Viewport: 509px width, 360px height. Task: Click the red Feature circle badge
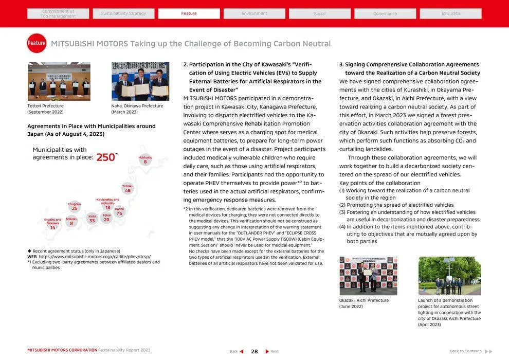pyautogui.click(x=37, y=44)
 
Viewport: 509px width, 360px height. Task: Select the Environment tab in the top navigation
pyautogui.click(x=254, y=13)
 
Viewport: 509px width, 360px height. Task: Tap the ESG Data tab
pyautogui.click(x=450, y=13)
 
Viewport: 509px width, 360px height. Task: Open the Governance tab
pyautogui.click(x=385, y=13)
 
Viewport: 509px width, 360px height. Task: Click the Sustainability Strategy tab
pyautogui.click(x=123, y=13)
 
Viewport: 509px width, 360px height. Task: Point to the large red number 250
pyautogui.click(x=106, y=157)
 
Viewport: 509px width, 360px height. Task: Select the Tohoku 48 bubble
pyautogui.click(x=128, y=188)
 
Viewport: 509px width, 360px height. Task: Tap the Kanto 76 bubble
pyautogui.click(x=119, y=211)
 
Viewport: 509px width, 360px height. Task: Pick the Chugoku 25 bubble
pyautogui.click(x=75, y=207)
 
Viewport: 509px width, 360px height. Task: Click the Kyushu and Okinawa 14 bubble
pyautogui.click(x=52, y=224)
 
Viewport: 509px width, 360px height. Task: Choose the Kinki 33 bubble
pyautogui.click(x=92, y=219)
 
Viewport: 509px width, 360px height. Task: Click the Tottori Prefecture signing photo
pyautogui.click(x=59, y=81)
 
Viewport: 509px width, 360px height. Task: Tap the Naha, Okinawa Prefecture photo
pyautogui.click(x=140, y=81)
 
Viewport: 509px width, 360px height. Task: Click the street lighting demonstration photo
pyautogui.click(x=449, y=276)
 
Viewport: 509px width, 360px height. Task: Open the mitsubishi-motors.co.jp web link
pyautogui.click(x=95, y=257)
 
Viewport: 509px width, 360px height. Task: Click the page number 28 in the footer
pyautogui.click(x=254, y=351)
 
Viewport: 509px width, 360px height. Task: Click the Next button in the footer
pyautogui.click(x=272, y=351)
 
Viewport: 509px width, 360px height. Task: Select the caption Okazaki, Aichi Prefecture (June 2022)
pyautogui.click(x=364, y=303)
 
